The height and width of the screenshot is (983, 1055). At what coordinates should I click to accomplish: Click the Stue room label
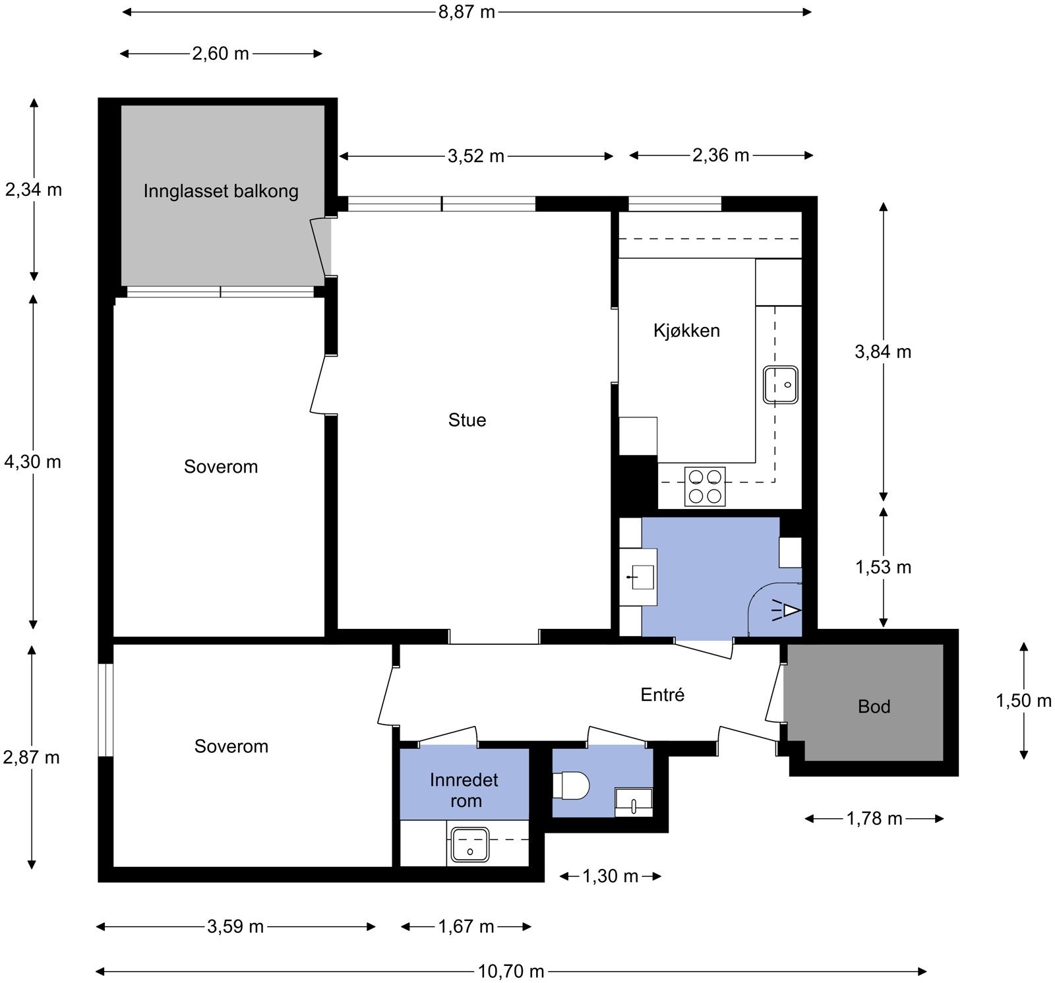tap(467, 420)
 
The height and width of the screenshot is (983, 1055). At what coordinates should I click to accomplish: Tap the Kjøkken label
tap(686, 330)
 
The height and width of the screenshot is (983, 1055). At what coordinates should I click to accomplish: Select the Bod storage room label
tap(874, 707)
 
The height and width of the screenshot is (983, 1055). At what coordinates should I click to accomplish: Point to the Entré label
tap(663, 694)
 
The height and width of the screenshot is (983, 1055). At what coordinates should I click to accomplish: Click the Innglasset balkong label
tap(221, 191)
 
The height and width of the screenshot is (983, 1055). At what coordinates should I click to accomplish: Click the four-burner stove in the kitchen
tap(705, 487)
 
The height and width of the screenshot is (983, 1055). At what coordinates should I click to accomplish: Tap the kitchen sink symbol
tap(781, 384)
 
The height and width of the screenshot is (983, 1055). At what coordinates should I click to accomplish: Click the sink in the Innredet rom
tap(469, 845)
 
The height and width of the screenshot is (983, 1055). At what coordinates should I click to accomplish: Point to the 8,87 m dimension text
tap(467, 12)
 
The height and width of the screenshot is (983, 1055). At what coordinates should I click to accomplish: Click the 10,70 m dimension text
tap(510, 971)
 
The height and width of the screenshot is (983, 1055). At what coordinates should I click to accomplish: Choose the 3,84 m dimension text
tap(883, 352)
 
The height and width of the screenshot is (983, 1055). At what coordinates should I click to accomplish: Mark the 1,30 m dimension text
tap(611, 876)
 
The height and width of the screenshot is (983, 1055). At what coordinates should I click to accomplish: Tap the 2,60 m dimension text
tap(221, 53)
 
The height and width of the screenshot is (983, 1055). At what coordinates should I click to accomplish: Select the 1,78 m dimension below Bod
tap(874, 819)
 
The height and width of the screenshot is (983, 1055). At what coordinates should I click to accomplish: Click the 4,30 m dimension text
tap(32, 462)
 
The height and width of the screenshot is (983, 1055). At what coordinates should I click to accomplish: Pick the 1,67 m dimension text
tap(466, 927)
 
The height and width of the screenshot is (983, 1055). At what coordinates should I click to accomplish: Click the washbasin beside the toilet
tap(634, 802)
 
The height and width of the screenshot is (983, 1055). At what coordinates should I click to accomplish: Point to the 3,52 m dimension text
tap(476, 156)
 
